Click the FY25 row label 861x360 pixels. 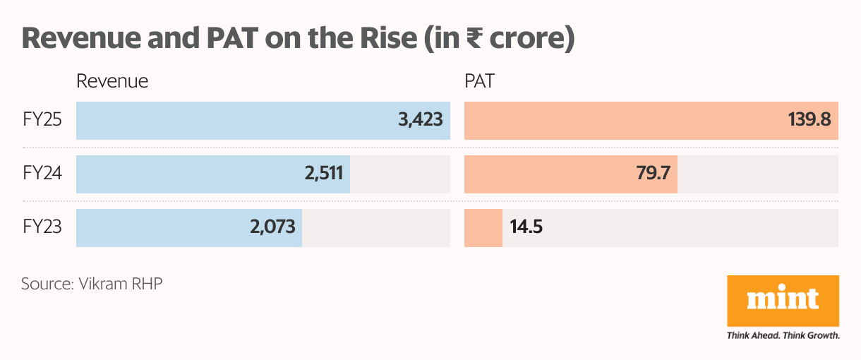42,119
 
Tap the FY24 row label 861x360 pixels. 42,174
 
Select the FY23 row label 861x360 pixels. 42,227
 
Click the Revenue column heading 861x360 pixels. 112,81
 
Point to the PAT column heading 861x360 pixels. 479,81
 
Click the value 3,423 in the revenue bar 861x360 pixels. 421,119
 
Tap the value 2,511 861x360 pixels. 323,174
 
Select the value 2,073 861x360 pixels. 273,227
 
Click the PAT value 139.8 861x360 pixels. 809,119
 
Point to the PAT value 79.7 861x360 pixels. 652,174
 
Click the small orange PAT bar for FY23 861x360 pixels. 483,227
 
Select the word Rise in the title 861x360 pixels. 388,39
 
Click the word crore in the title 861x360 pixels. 522,39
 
